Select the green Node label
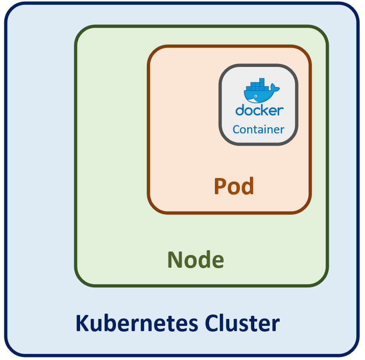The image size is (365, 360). point(196,260)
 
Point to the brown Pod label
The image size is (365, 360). point(234,186)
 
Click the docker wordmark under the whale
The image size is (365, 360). point(259,110)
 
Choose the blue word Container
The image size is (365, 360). point(258,129)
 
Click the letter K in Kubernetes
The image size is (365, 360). point(82,324)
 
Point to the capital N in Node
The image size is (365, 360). point(175,260)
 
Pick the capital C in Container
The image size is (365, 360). point(237,129)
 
